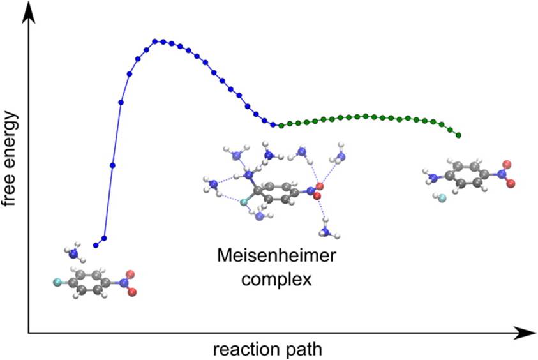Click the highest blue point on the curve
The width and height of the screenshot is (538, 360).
tap(155, 41)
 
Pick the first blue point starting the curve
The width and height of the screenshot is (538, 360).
tap(95, 245)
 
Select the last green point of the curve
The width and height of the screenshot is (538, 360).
tap(459, 135)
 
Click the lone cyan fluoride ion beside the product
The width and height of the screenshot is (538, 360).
tap(441, 198)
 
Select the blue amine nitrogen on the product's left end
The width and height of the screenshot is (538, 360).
tap(433, 172)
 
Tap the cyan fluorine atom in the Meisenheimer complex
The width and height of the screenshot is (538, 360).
tap(243, 202)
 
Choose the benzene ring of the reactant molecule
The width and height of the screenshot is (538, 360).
tap(89, 282)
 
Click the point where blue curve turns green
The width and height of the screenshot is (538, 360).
tap(273, 124)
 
